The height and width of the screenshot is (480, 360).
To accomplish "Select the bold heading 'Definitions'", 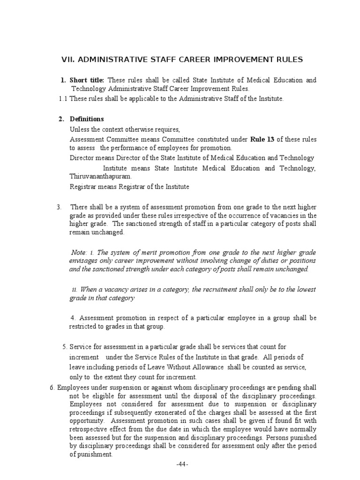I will tap(87, 119).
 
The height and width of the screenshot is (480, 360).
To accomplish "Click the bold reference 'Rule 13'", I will tap(262, 139).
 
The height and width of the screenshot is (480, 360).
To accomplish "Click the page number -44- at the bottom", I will tap(182, 464).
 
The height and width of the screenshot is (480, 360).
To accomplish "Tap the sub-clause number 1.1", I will tap(63, 98).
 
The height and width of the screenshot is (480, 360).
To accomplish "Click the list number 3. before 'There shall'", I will tap(59, 207).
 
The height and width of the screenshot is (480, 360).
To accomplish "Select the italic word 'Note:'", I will tap(80, 252).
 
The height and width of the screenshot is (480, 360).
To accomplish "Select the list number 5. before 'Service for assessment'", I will tap(65, 347).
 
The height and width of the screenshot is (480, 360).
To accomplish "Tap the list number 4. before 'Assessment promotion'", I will tap(73, 318).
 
